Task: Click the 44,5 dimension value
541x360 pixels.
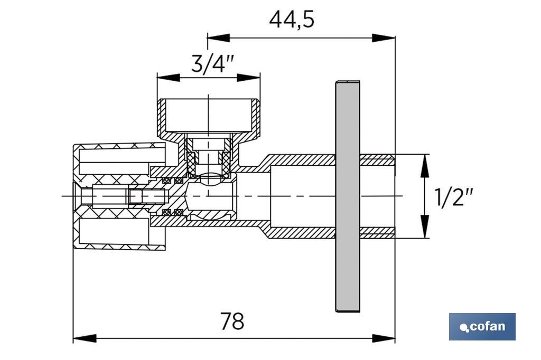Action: tap(292, 20)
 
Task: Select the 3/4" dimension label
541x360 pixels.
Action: tap(212, 64)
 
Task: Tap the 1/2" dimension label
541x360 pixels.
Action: tap(453, 197)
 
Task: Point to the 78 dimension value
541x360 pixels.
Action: tap(232, 321)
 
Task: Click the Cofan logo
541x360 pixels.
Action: tap(482, 326)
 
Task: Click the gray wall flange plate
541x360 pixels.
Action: tap(347, 196)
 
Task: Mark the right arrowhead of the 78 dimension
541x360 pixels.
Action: tap(384, 338)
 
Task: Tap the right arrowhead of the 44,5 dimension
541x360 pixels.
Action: tap(384, 38)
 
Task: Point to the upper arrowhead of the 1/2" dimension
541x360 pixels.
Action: tap(423, 164)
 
